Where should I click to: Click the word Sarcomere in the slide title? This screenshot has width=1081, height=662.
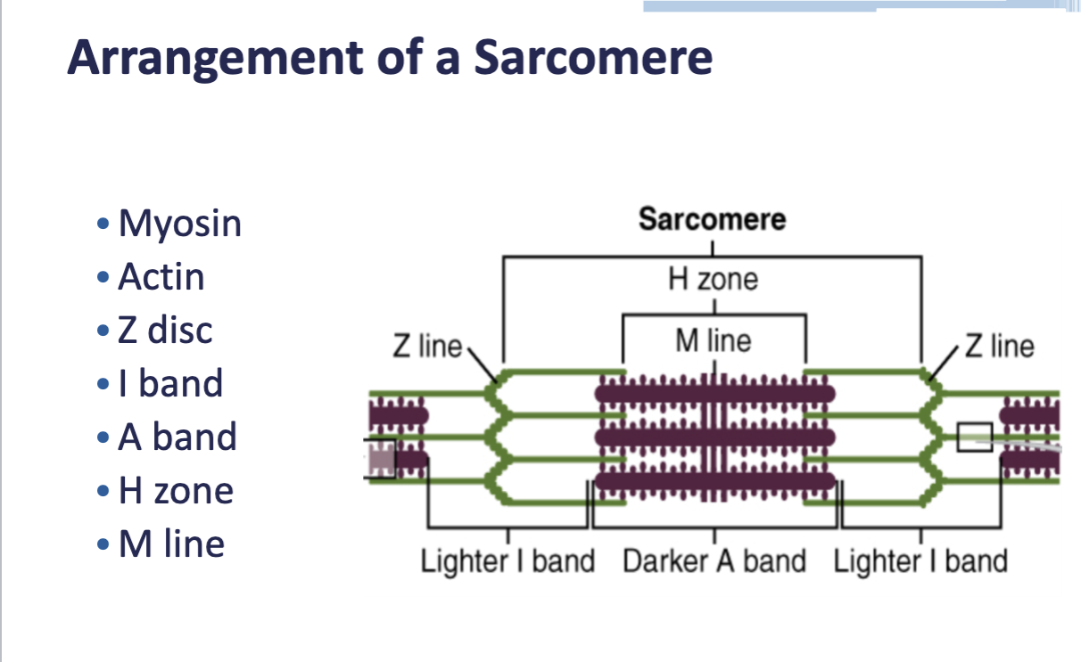point(592,57)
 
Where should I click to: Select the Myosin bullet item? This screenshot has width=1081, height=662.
point(179,223)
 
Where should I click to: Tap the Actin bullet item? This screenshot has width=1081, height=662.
point(161,277)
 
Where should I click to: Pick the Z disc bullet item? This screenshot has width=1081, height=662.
point(165,331)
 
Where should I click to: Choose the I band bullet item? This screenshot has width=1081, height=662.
point(170,384)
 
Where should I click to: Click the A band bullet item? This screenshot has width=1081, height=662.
point(177,437)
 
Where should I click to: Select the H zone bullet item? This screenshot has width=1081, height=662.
point(176,491)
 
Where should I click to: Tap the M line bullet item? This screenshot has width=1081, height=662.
point(171,544)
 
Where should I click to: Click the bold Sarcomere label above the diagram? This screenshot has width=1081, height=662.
point(712,219)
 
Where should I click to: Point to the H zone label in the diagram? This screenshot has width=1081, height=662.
point(713,280)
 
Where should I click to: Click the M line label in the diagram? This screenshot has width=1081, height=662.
point(713,340)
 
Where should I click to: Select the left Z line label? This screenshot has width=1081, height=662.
point(427,346)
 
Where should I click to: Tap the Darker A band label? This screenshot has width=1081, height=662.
point(714,561)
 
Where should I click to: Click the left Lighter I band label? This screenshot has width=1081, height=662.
point(507,561)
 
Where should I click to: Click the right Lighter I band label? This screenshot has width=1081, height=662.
point(920,561)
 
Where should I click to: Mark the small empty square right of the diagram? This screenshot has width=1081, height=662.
point(974,437)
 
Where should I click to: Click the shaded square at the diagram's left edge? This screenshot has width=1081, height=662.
point(380,459)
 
